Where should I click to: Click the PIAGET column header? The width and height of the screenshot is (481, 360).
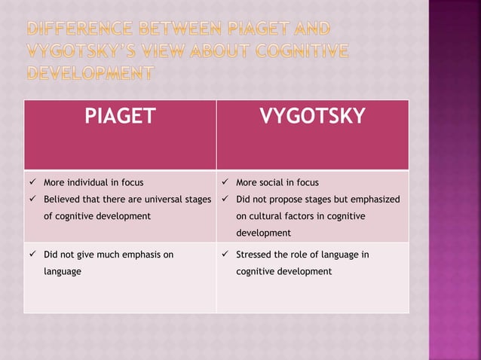click(x=120, y=116)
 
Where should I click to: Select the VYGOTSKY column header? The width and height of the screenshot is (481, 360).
click(x=312, y=116)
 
